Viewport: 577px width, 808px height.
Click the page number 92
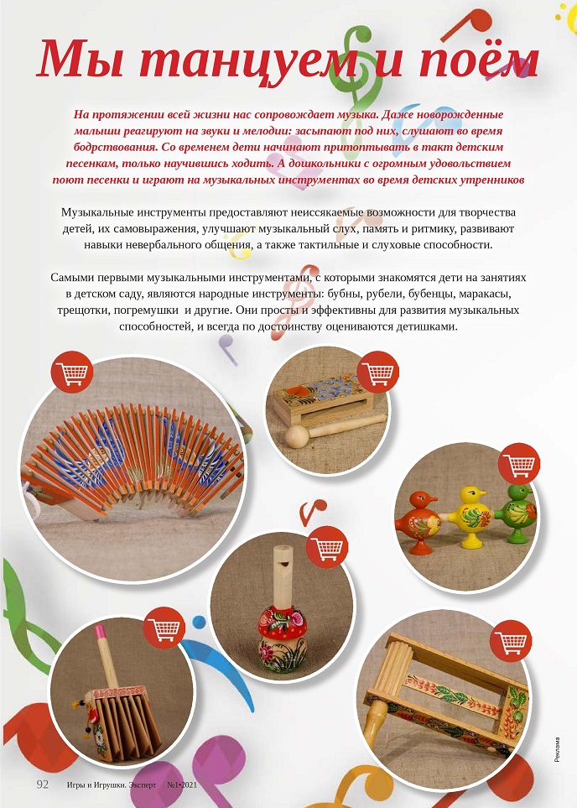pyautogui.click(x=42, y=785)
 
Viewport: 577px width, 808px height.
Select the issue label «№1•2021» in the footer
pyautogui.click(x=181, y=785)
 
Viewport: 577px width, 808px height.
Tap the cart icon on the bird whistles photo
pyautogui.click(x=518, y=467)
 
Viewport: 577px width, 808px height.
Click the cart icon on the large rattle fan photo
pyautogui.click(x=72, y=373)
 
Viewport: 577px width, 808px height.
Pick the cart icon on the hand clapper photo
pyautogui.click(x=162, y=627)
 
